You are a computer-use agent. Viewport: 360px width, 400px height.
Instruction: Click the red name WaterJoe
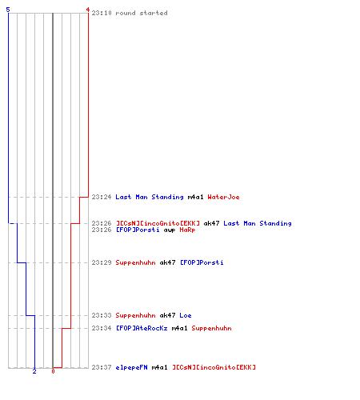point(223,197)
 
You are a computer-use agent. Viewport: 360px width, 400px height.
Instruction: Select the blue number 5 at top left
point(8,10)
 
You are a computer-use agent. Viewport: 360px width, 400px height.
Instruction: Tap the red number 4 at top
point(88,10)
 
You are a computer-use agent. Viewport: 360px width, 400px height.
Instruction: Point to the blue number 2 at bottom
point(34,371)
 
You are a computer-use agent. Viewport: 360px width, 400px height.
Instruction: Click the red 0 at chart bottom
point(53,371)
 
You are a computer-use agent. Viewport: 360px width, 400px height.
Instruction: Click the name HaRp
point(187,230)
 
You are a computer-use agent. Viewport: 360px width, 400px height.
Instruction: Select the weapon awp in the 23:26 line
point(170,230)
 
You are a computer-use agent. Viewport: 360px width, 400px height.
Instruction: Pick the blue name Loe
point(186,315)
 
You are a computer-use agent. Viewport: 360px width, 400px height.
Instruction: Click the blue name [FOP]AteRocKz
point(142,328)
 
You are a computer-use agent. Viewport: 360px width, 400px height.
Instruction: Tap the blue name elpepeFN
point(131,367)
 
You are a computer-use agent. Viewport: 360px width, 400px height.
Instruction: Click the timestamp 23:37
point(102,367)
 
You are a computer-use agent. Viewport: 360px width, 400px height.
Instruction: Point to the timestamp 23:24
point(102,197)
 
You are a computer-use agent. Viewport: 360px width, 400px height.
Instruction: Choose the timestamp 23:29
point(102,262)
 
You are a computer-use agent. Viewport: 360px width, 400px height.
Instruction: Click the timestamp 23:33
point(102,315)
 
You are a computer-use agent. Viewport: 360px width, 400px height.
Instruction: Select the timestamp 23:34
point(102,328)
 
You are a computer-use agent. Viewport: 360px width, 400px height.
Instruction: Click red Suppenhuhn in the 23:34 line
point(211,328)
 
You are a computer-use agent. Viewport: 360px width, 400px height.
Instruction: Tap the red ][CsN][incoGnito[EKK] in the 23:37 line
point(214,367)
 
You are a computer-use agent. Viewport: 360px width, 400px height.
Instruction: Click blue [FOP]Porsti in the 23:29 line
point(202,262)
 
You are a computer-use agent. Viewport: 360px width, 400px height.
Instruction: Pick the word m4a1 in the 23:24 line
point(195,197)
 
